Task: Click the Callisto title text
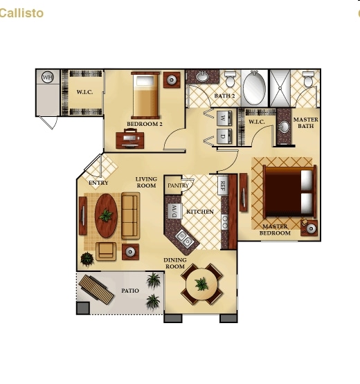point(21,13)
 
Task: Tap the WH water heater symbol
point(48,77)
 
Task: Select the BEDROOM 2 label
point(145,125)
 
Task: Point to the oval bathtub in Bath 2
point(253,89)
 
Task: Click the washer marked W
point(223,118)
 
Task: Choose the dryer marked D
point(223,136)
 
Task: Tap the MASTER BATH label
point(306,122)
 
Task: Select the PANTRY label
point(178,185)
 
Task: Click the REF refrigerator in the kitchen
point(223,185)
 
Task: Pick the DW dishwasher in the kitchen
point(174,210)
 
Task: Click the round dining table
point(201,284)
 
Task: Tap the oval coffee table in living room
point(106,215)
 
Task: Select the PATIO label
point(130,291)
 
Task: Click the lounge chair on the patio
point(96,290)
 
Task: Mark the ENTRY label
point(99,183)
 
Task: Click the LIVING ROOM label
point(146,182)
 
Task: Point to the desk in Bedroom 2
point(130,139)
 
